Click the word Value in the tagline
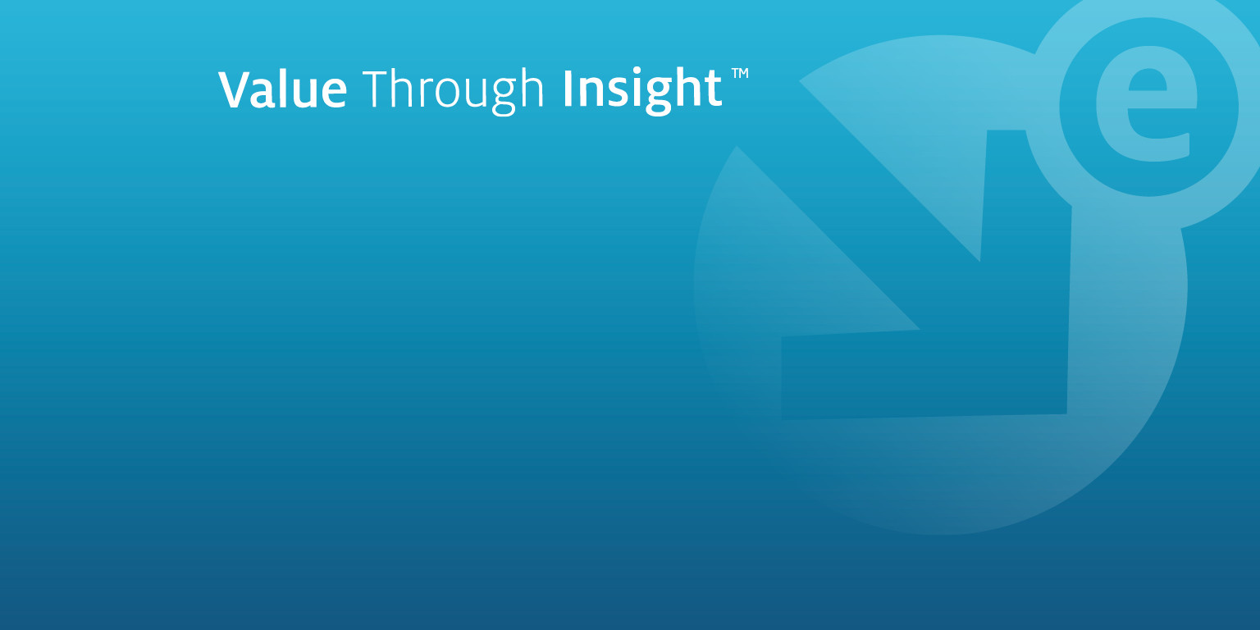282,89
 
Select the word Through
453,92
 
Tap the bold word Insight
641,92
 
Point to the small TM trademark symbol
740,73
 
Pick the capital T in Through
376,89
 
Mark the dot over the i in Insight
633,72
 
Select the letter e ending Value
332,94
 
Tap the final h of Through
532,89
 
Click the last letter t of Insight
712,91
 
